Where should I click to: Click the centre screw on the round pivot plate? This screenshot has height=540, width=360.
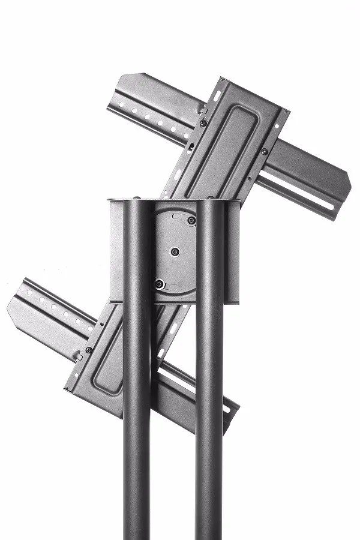[x=175, y=252]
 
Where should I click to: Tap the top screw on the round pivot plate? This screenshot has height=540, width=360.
[x=191, y=221]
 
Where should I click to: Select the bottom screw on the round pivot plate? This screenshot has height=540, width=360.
[x=159, y=283]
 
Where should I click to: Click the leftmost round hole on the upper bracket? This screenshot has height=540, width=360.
[x=122, y=106]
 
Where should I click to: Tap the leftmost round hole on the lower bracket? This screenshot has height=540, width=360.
[x=29, y=294]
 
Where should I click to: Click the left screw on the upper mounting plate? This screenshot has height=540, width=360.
[x=203, y=123]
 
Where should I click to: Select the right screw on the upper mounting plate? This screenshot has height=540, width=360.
[x=264, y=151]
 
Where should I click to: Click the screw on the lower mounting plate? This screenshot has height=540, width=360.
[x=89, y=350]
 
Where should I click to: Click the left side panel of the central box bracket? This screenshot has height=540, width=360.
[x=116, y=252]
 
